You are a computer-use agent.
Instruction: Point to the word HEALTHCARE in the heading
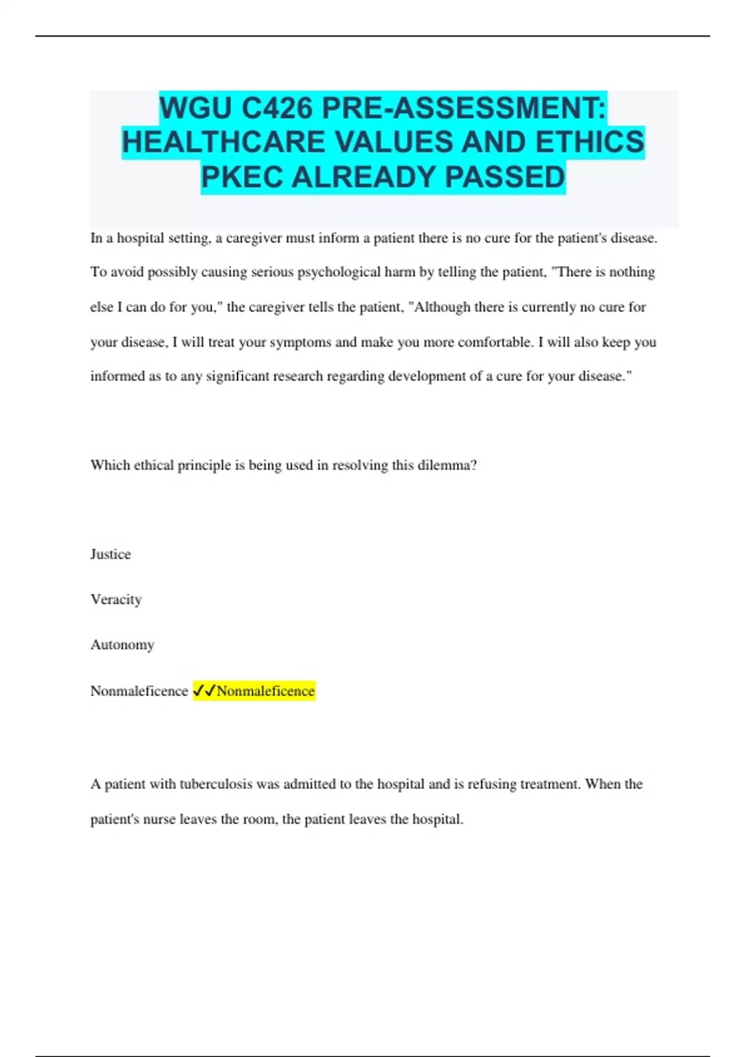pyautogui.click(x=224, y=142)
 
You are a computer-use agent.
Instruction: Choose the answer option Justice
pyautogui.click(x=111, y=554)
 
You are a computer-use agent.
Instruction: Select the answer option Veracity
pyautogui.click(x=116, y=599)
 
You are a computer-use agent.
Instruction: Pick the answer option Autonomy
pyautogui.click(x=122, y=645)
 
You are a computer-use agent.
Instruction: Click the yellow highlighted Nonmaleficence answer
pyautogui.click(x=265, y=691)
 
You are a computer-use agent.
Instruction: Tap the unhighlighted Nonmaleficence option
pyautogui.click(x=139, y=691)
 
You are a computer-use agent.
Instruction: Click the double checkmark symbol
pyautogui.click(x=204, y=690)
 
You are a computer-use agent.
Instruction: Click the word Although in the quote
pyautogui.click(x=441, y=307)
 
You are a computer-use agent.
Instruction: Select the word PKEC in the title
pyautogui.click(x=242, y=177)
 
